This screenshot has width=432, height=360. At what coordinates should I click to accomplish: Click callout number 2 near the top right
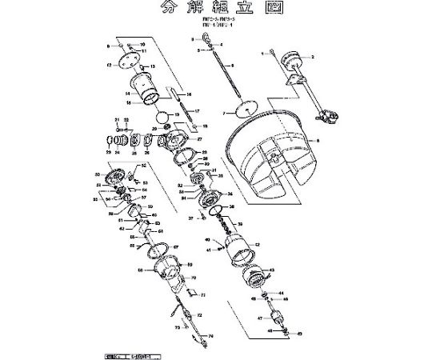tap(312, 58)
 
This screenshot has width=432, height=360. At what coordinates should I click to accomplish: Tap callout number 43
tap(273, 271)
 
